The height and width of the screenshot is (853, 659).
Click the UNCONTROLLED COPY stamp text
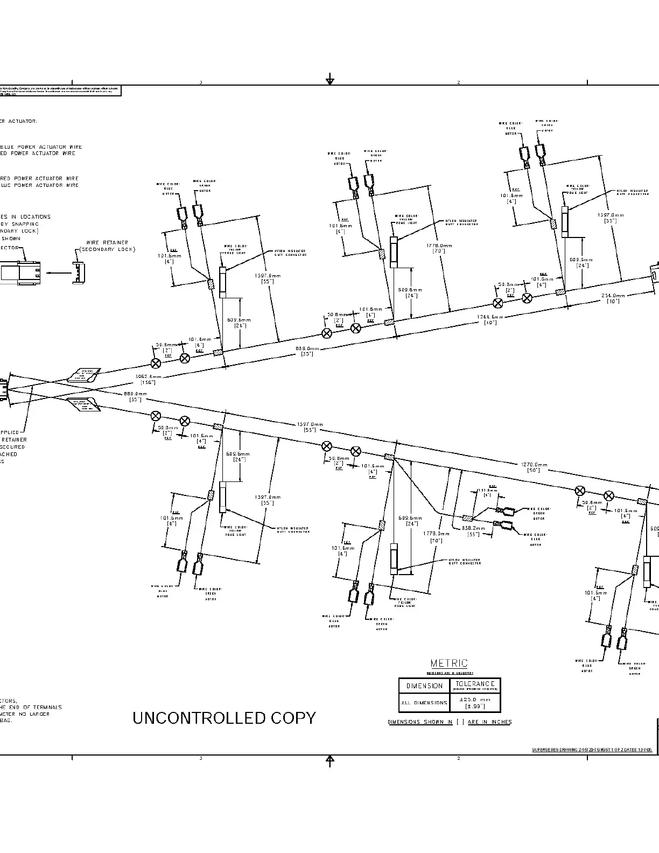tap(224, 718)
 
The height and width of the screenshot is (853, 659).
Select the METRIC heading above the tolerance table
tap(449, 663)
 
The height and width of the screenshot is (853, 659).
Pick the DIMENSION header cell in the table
tap(424, 686)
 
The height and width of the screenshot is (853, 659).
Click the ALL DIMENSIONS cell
tap(424, 703)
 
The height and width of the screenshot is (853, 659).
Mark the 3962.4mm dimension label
tap(148, 377)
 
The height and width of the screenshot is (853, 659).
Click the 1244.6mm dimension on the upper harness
tap(490, 317)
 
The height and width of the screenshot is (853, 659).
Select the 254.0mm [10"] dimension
tap(613, 296)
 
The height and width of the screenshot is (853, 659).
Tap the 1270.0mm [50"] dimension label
tap(534, 464)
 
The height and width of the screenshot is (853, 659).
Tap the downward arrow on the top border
tap(330, 80)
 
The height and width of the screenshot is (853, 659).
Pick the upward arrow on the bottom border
tap(330, 760)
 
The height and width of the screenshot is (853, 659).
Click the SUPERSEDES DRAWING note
tap(592, 750)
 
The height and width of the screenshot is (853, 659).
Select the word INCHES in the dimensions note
tap(501, 722)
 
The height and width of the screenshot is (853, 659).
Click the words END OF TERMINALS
tap(38, 707)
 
